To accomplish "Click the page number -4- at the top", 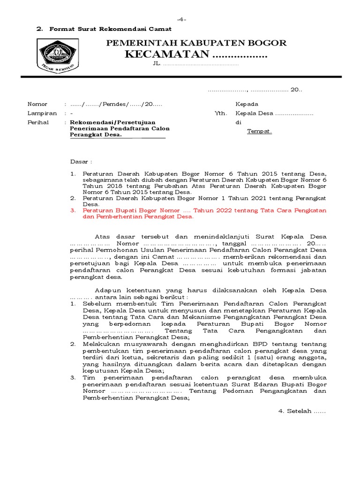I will click(x=181, y=19).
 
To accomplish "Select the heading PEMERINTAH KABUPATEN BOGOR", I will click(x=196, y=43).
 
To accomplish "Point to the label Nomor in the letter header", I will click(x=38, y=104).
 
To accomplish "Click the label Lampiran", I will click(x=42, y=113).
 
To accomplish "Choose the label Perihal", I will click(x=39, y=122).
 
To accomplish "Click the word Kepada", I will click(x=247, y=104).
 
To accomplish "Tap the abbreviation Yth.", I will click(x=220, y=113).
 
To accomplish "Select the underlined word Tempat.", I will click(x=259, y=131).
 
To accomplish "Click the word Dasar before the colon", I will click(x=79, y=161).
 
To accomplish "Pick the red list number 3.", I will click(x=73, y=211).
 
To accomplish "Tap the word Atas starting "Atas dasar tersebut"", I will click(x=102, y=237).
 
